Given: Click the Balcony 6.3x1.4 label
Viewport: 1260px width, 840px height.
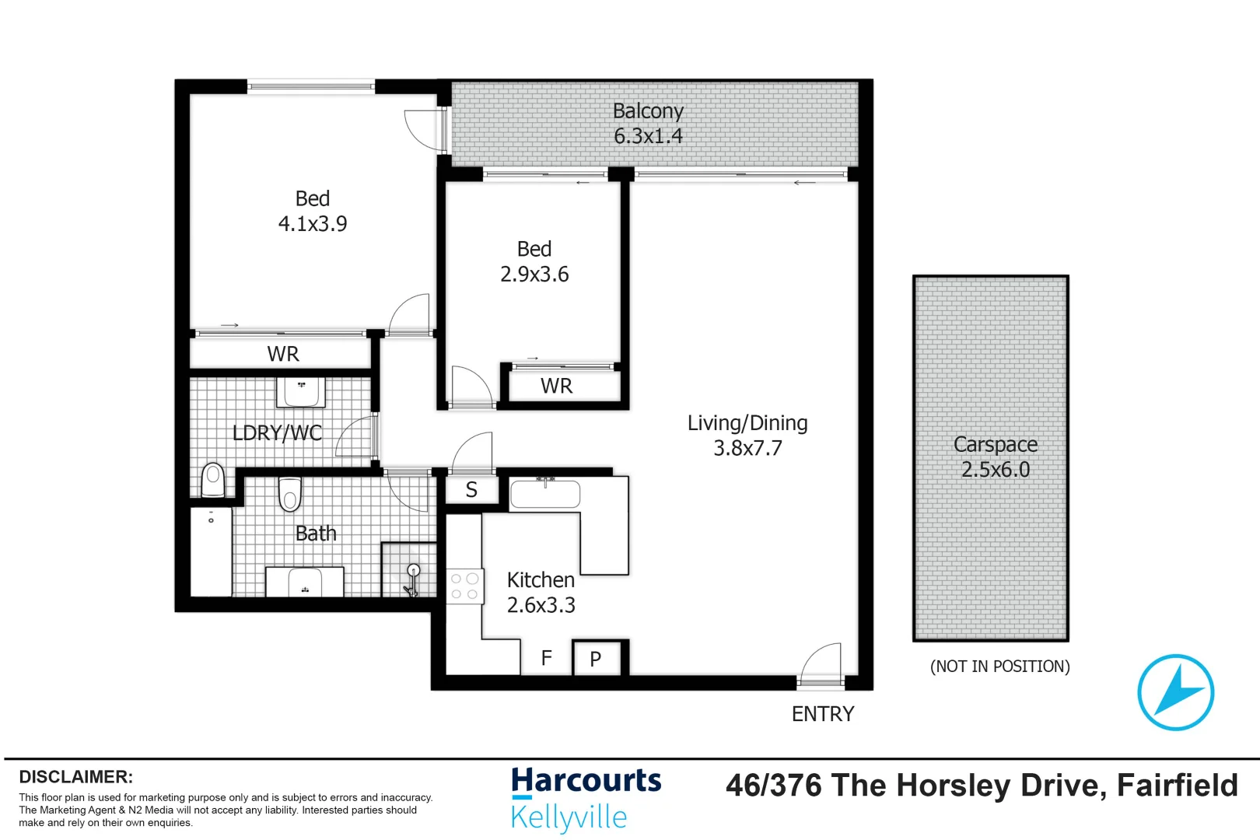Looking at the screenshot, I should click(648, 124).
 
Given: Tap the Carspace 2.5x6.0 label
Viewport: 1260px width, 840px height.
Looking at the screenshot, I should click(995, 457).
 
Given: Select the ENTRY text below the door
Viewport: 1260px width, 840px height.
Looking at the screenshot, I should click(822, 714).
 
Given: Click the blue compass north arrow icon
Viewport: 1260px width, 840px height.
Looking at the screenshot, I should click(1175, 691).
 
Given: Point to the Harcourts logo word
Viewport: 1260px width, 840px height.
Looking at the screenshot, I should click(586, 782).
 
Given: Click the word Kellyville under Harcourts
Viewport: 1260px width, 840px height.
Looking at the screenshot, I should click(569, 817).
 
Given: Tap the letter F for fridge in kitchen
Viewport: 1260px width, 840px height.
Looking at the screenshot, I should click(546, 658).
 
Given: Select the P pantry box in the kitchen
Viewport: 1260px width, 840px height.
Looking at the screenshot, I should click(596, 659).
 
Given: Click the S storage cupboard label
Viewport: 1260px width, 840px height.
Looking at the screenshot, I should click(471, 490).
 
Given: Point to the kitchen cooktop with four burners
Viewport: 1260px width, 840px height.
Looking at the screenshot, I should click(464, 586).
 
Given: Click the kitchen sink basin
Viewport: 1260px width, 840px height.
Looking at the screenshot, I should click(544, 495).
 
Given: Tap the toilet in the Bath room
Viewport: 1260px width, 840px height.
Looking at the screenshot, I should click(289, 494).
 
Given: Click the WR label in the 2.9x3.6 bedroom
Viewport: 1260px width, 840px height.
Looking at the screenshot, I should click(556, 386).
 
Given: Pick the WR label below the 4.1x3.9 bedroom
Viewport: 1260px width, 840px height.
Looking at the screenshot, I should click(283, 354).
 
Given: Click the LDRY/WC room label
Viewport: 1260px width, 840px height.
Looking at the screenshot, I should click(277, 432).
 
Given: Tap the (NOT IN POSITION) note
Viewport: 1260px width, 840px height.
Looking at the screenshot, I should click(999, 667).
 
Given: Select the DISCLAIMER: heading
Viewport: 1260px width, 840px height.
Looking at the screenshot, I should click(75, 777).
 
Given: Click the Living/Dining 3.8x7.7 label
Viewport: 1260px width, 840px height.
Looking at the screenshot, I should click(747, 436).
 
